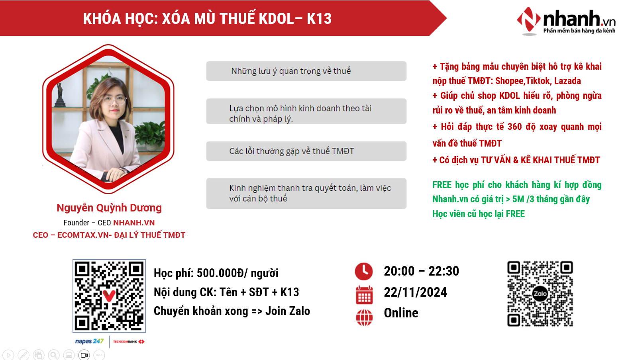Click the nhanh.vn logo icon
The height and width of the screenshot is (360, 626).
click(x=529, y=20)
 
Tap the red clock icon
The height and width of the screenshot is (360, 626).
click(x=364, y=271)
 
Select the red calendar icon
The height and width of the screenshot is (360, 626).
click(x=364, y=295)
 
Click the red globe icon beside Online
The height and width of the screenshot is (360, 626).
click(x=364, y=317)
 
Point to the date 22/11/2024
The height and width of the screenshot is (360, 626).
click(x=415, y=292)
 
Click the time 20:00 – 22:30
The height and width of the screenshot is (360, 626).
click(x=422, y=271)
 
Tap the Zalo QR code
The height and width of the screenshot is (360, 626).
click(x=540, y=294)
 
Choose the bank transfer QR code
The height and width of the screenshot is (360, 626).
click(x=109, y=296)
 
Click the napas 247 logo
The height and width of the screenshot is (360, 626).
click(x=89, y=341)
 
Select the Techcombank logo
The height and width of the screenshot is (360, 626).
click(x=129, y=342)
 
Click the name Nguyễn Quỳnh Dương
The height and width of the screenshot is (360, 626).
click(x=109, y=208)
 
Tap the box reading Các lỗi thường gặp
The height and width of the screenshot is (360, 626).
click(x=306, y=151)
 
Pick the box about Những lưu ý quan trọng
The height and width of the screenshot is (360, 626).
click(x=306, y=71)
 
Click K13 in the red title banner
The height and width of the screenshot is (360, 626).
click(x=319, y=19)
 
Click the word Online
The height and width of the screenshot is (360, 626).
click(x=401, y=313)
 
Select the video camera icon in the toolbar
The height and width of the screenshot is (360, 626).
click(x=84, y=355)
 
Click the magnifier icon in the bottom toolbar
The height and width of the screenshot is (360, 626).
click(x=54, y=355)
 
